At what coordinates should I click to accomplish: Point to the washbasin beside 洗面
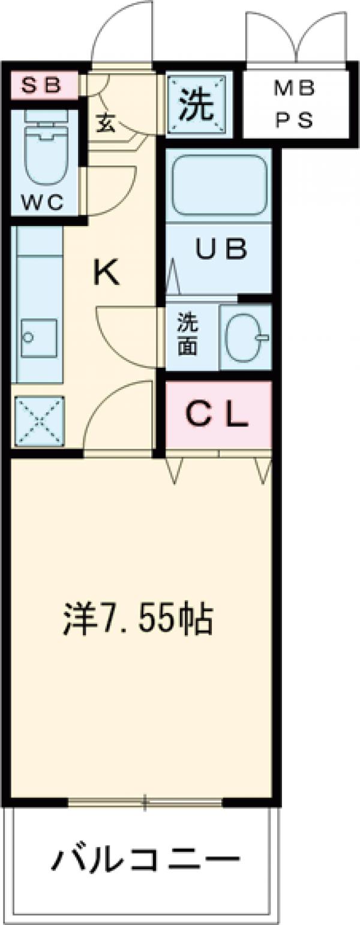tap(245, 337)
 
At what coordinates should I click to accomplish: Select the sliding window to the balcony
tap(145, 801)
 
